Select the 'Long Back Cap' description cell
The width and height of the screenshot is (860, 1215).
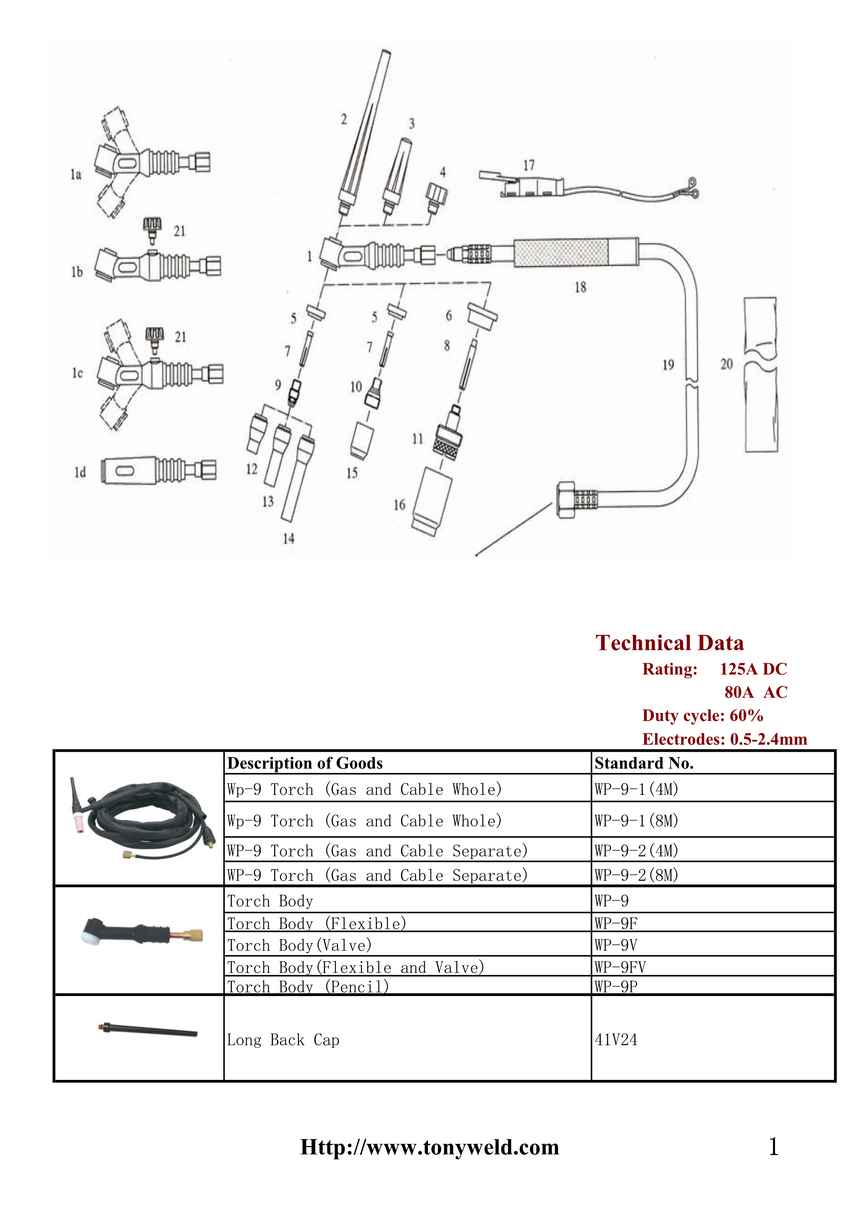[x=283, y=1040]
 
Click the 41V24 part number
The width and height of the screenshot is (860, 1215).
[x=616, y=1040]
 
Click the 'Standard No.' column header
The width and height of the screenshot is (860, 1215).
[x=644, y=763]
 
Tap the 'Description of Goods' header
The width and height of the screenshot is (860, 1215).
[x=305, y=763]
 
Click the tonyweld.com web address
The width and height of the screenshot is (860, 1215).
[x=429, y=1147]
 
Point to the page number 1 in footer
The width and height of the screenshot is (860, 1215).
[x=773, y=1147]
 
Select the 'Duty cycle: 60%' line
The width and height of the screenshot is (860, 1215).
[x=703, y=715]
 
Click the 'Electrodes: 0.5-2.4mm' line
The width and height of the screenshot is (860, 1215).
[x=724, y=739]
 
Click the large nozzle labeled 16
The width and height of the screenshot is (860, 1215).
[x=432, y=502]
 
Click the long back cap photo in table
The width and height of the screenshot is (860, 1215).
[x=148, y=1029]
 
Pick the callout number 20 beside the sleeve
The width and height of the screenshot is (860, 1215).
[x=726, y=364]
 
